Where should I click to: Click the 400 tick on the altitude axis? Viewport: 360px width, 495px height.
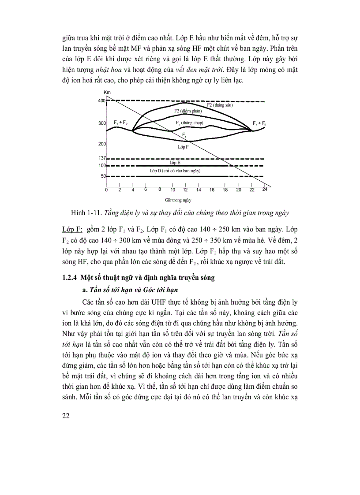point(102,101)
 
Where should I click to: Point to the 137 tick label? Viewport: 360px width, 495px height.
point(101,158)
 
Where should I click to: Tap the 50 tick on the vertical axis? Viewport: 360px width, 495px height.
point(103,176)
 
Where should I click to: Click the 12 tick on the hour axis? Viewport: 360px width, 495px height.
point(185,190)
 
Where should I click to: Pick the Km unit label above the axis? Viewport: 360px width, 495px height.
point(107,92)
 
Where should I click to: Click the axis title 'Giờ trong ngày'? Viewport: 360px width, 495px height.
point(184,200)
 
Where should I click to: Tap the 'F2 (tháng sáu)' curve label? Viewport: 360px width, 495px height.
point(219,105)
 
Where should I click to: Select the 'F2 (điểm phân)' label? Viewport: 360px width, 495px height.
point(188,111)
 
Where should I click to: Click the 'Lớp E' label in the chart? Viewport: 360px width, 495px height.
point(181,163)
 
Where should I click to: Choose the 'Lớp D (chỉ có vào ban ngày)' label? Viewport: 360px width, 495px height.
point(176,170)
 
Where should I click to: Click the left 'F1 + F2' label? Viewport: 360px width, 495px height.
point(120,122)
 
